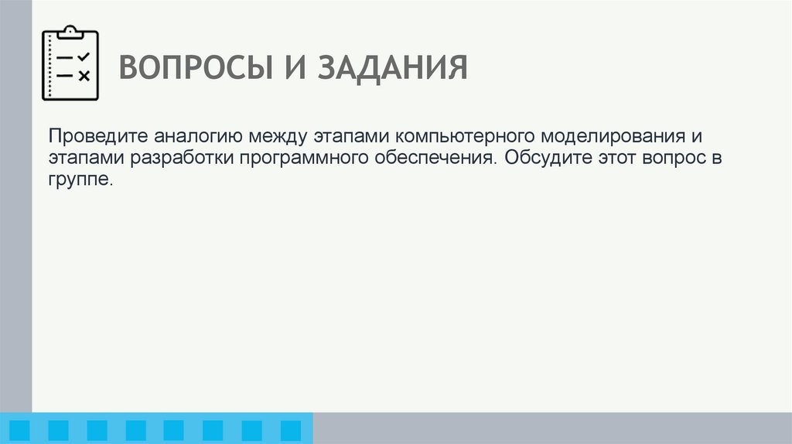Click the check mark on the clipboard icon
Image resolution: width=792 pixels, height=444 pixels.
click(84, 57)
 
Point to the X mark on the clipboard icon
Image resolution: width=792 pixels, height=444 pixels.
click(84, 76)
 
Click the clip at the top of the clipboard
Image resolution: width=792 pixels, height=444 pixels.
click(70, 32)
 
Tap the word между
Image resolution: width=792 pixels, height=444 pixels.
click(280, 136)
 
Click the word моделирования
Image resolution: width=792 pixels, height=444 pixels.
click(610, 136)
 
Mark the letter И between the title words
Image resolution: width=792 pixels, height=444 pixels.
click(288, 67)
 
